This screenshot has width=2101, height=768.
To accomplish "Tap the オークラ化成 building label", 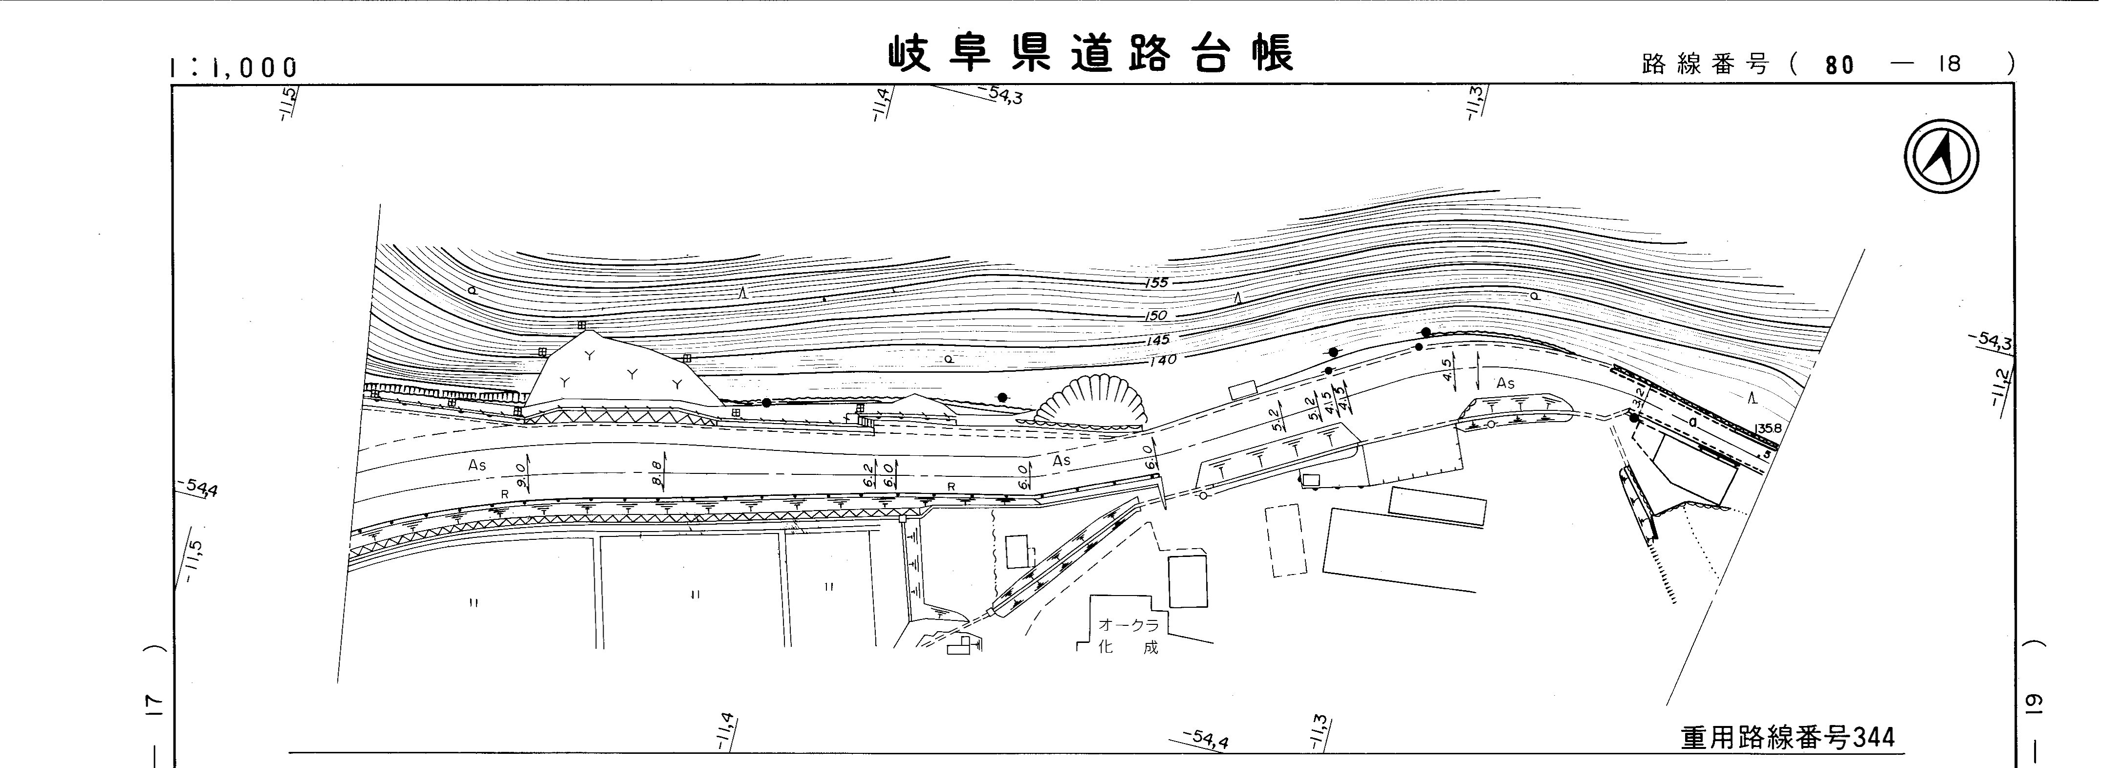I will point(1128,636).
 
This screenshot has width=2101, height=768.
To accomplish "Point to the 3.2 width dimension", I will point(1636,398).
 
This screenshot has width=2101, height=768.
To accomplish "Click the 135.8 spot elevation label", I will point(1768,428).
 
